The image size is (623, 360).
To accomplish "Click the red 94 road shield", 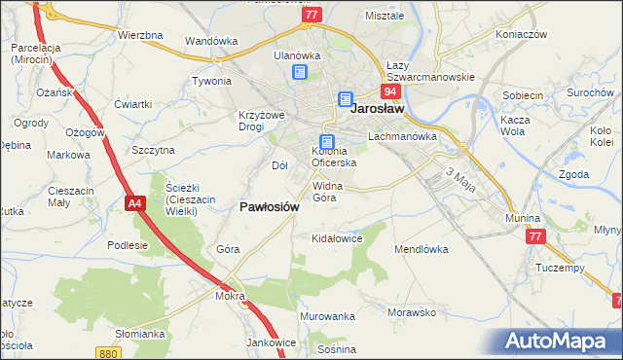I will pos(390,91).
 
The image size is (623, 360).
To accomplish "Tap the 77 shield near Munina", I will pos(533,236).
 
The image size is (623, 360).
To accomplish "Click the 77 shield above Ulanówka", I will pos(311,15).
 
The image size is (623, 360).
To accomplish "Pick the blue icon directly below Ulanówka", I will pos(299,72).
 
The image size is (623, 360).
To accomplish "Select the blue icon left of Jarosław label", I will pos(346,99).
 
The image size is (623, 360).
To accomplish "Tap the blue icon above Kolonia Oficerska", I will pos(327,141).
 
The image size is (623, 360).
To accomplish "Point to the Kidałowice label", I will pos(336,237).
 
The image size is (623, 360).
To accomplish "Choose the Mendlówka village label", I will pos(421,249).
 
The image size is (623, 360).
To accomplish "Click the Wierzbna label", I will pos(139,35).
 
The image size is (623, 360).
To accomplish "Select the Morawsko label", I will pos(410,312).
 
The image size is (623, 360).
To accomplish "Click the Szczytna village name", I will pos(153,150).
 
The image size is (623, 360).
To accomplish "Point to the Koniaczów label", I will pos(521,34).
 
